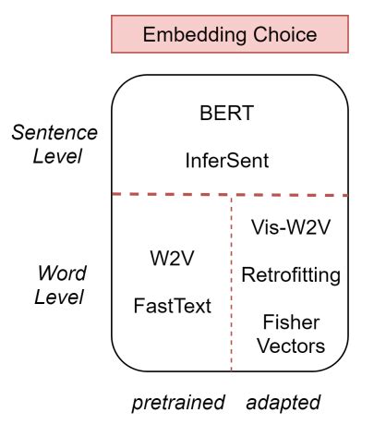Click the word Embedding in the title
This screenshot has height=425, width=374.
(x=195, y=35)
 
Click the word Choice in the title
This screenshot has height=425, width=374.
(x=285, y=34)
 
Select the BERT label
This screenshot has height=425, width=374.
(x=227, y=113)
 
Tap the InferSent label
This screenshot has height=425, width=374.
(x=227, y=161)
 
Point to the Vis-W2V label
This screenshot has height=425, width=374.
(x=291, y=227)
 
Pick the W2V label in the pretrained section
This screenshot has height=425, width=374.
(x=172, y=258)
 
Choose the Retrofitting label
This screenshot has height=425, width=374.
(x=291, y=275)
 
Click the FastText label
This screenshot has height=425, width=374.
(x=173, y=306)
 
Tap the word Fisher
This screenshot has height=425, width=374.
(x=291, y=322)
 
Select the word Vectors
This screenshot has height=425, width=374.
(x=291, y=346)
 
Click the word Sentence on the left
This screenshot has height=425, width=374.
(x=54, y=133)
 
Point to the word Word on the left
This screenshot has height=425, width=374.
(x=62, y=273)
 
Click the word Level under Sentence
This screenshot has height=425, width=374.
(x=57, y=156)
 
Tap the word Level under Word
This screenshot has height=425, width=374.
(x=59, y=297)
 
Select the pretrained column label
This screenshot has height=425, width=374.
(x=178, y=403)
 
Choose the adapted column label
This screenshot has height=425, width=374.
(x=284, y=403)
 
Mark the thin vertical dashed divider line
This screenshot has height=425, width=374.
(x=232, y=284)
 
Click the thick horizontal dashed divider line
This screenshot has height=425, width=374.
(x=230, y=195)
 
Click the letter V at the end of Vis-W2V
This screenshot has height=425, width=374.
(x=322, y=227)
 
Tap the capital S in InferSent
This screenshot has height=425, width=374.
(x=227, y=161)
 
